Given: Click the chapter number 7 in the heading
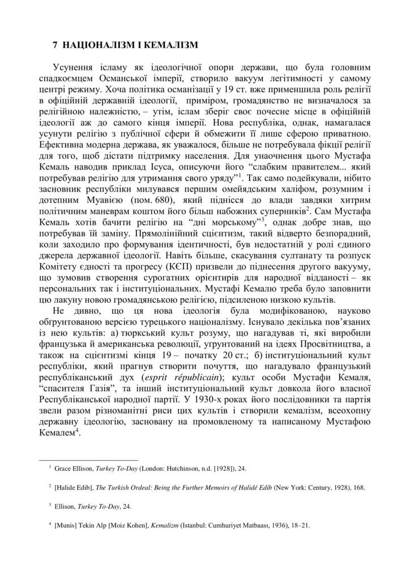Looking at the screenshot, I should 55,44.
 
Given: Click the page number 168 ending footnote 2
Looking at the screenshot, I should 359,486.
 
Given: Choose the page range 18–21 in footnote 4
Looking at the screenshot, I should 301,525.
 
